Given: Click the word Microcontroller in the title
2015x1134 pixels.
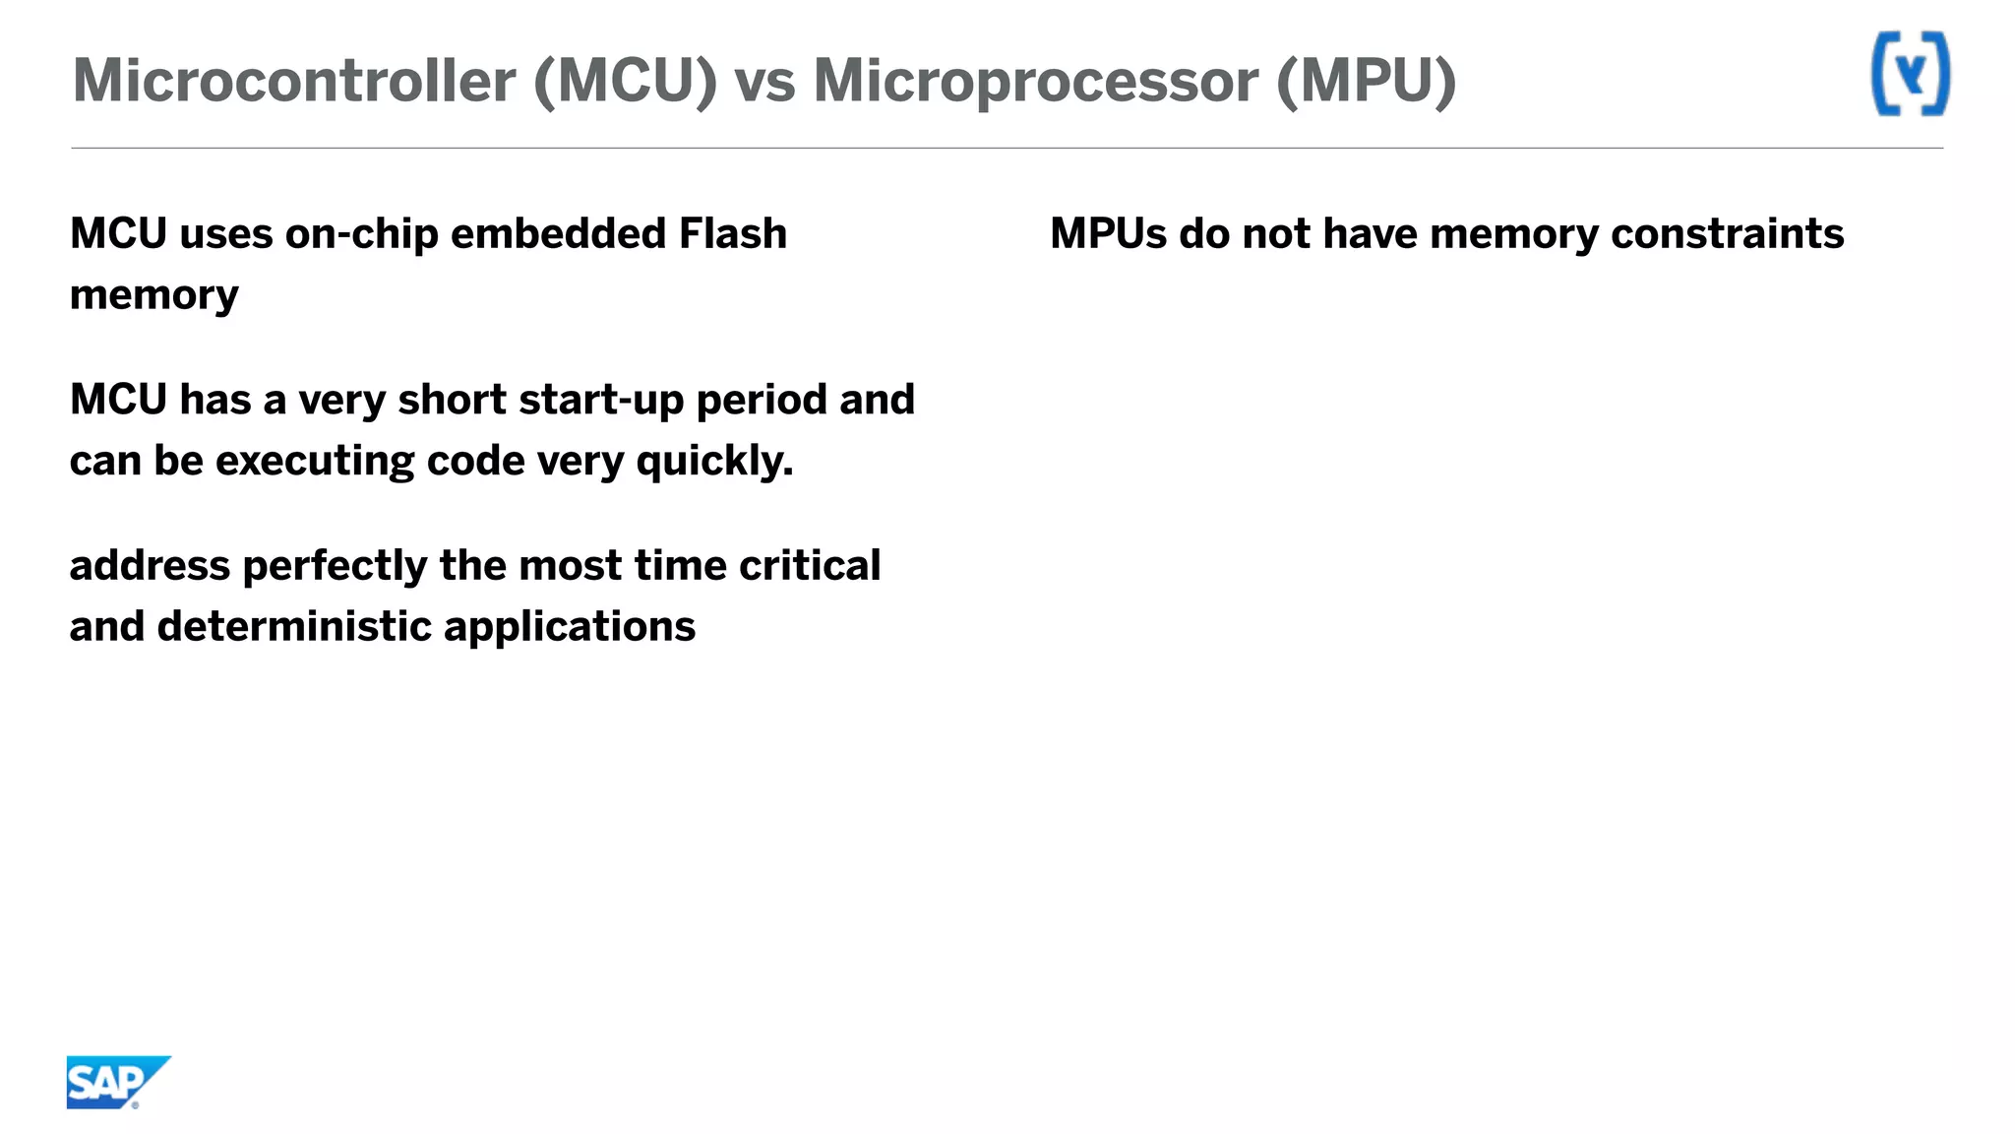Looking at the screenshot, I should tap(294, 81).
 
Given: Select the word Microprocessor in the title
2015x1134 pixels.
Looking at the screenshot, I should tap(1035, 81).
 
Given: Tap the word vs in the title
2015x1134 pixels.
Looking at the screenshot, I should tap(764, 81).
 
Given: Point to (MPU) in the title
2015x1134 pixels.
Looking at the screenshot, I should tap(1366, 81).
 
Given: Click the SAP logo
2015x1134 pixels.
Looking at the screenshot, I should tap(116, 1082).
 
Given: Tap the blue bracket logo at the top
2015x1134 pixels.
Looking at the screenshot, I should tap(1910, 74).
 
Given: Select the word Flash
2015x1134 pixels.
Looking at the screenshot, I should tap(733, 234).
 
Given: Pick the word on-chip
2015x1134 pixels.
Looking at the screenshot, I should tap(361, 234).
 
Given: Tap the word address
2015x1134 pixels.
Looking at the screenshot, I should tap(150, 566).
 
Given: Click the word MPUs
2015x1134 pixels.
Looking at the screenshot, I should tap(1108, 234).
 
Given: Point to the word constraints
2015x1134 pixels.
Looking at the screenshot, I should tap(1727, 234).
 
